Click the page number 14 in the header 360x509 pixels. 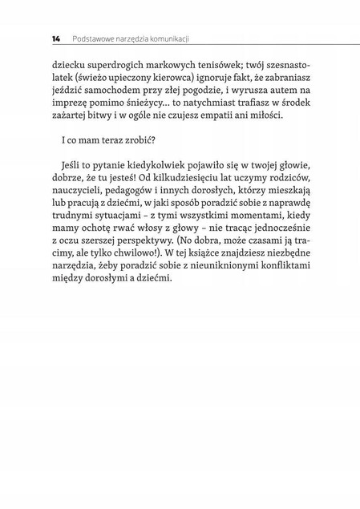pos(55,38)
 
